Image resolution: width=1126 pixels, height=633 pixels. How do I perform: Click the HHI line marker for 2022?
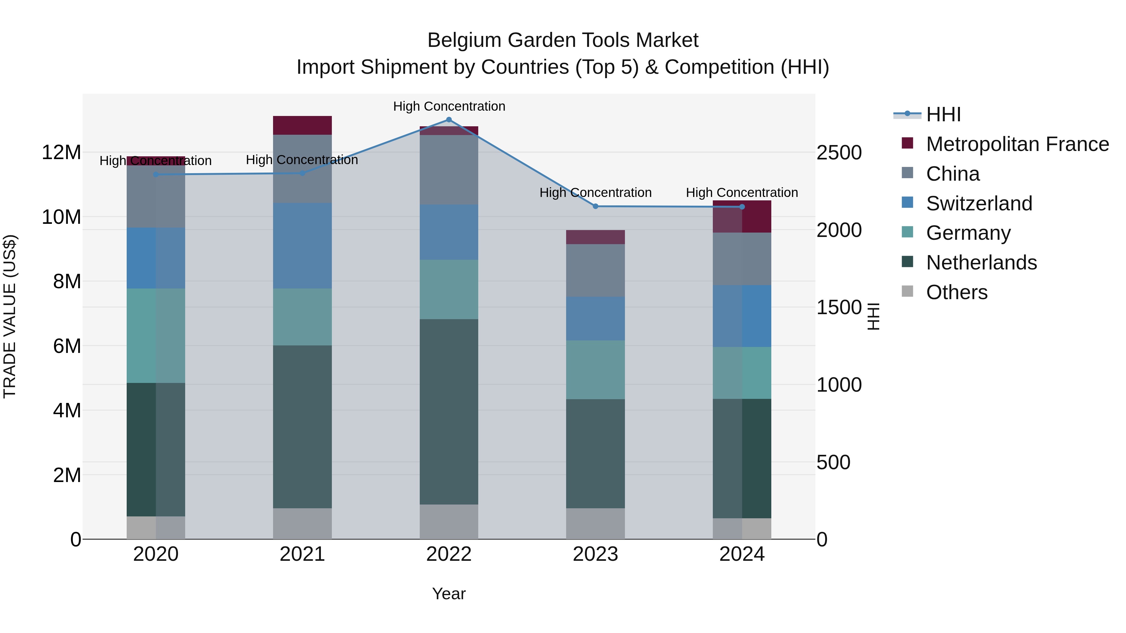point(449,120)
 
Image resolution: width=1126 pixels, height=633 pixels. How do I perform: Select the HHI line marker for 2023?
point(595,206)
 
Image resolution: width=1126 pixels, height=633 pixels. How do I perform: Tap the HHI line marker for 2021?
point(302,173)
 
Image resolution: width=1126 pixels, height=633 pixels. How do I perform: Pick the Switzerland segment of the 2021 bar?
point(302,245)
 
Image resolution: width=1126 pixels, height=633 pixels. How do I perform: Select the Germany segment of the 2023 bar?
point(595,369)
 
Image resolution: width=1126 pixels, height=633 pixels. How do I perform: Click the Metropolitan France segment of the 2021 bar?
point(302,125)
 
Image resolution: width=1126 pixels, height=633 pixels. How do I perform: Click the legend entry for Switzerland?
point(979,203)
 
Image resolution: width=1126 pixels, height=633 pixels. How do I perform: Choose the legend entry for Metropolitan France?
point(1017,144)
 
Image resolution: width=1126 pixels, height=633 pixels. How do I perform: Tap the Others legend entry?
point(956,292)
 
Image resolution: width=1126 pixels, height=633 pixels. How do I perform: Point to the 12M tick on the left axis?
point(61,153)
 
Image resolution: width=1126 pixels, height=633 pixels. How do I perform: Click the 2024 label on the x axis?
point(742,554)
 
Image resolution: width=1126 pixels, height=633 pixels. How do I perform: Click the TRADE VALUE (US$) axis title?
point(10,316)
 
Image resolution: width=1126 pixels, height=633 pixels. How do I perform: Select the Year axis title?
point(449,594)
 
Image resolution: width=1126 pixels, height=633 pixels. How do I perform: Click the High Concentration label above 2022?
point(449,106)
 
